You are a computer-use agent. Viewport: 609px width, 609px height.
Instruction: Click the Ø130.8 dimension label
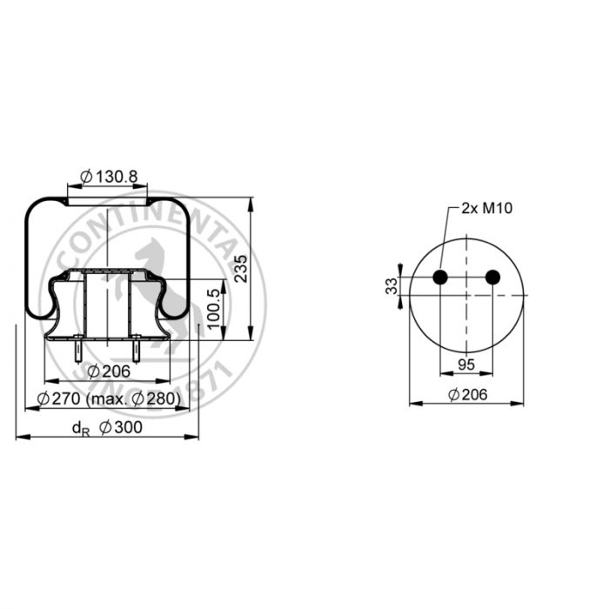click(109, 177)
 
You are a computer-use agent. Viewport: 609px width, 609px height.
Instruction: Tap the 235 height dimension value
click(241, 269)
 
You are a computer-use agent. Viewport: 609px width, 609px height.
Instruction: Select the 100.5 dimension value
click(214, 309)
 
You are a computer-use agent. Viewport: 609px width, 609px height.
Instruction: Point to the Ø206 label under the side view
click(109, 371)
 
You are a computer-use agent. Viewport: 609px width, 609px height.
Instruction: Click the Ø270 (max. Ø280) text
click(109, 398)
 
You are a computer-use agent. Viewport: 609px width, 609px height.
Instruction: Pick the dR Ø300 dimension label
click(108, 428)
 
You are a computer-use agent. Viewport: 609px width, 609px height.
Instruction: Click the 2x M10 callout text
click(487, 209)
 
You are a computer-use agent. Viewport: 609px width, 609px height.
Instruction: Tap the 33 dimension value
click(391, 286)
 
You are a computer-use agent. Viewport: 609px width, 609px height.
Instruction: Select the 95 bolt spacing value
click(466, 365)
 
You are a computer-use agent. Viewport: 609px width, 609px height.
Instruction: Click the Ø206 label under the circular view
click(468, 395)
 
